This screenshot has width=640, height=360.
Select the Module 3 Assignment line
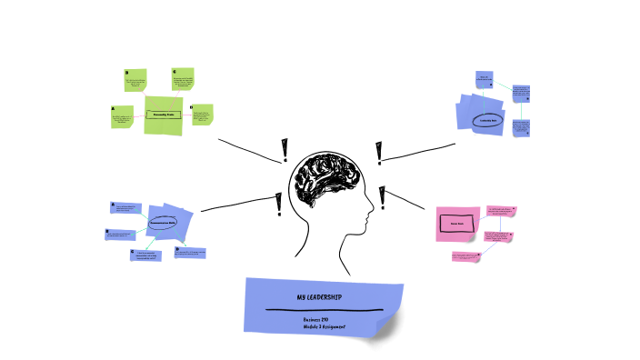325,326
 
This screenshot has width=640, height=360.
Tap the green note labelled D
203,116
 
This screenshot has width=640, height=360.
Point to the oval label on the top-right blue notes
486,119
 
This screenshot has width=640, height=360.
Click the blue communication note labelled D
191,252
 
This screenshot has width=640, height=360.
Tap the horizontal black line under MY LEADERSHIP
323,310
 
